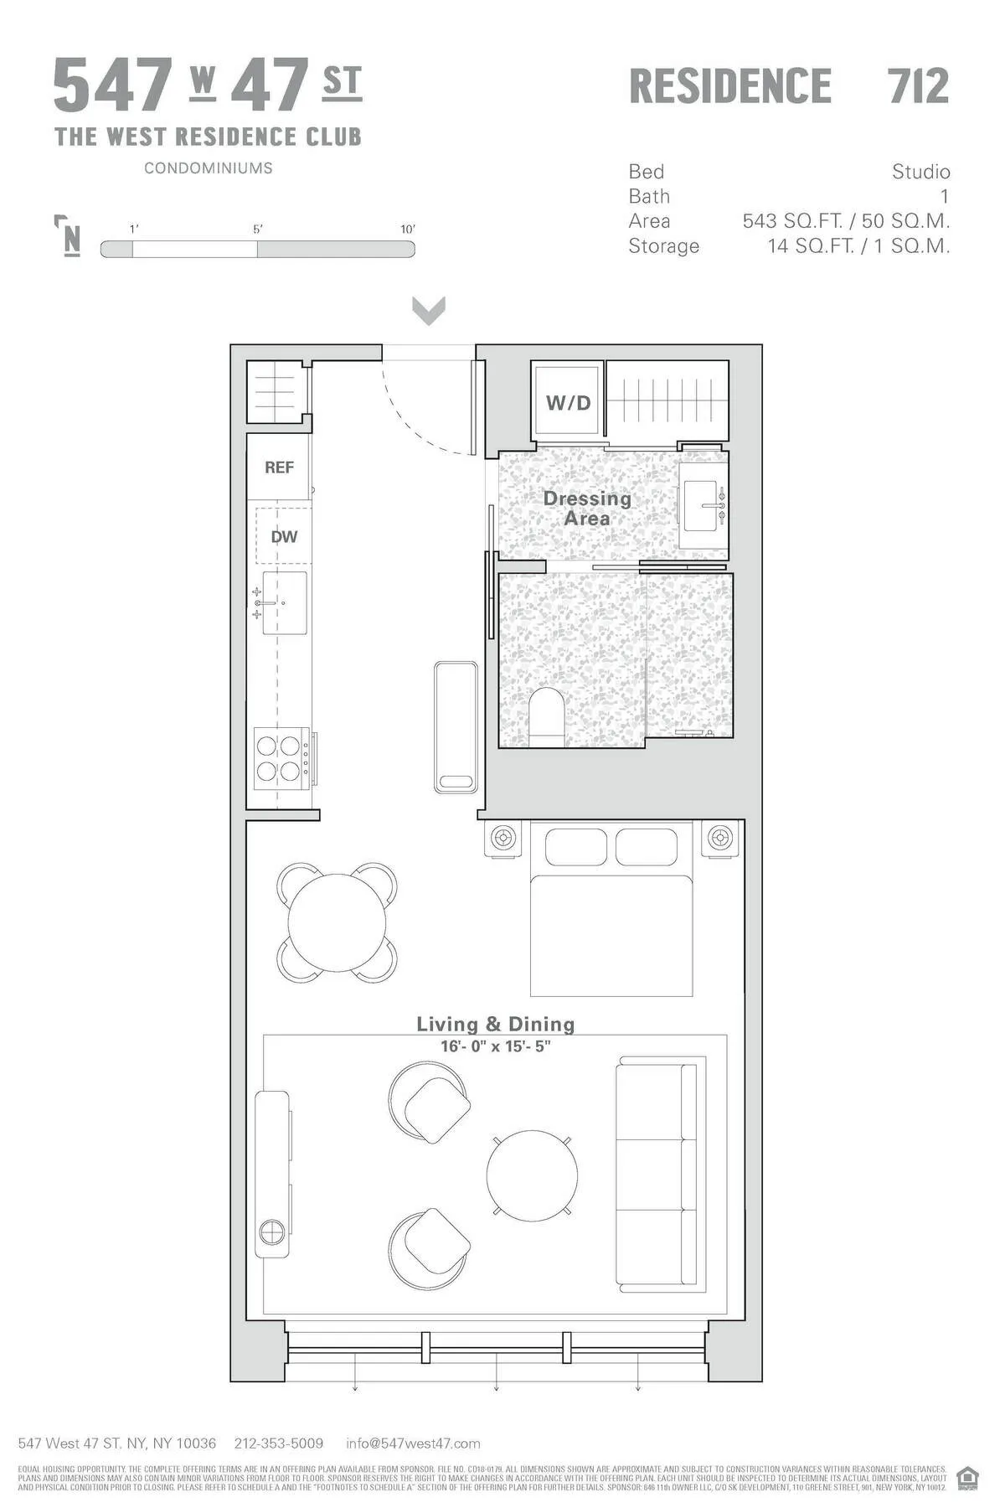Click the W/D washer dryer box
568,402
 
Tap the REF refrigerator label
279,467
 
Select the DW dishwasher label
284,537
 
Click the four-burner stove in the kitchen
280,758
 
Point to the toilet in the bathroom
547,717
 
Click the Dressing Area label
586,508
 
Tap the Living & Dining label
496,1024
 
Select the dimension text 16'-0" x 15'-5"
496,1046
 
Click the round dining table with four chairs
337,922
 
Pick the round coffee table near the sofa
532,1175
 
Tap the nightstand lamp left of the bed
503,838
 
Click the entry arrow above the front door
429,310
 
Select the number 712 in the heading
918,86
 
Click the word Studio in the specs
920,172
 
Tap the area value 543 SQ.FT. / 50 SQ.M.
846,221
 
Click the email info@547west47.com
413,1443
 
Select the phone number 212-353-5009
279,1443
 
